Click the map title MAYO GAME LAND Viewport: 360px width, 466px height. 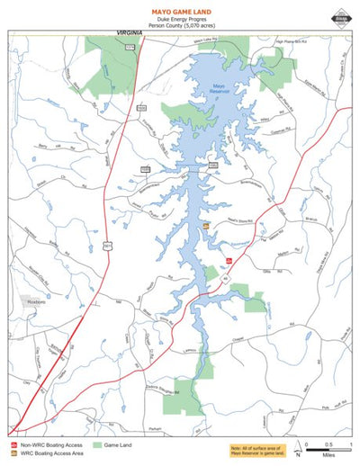pyautogui.click(x=179, y=8)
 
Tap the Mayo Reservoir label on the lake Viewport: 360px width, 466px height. pyautogui.click(x=220, y=89)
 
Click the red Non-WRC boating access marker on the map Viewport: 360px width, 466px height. pyautogui.click(x=229, y=261)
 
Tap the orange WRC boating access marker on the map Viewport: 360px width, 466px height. pyautogui.click(x=206, y=226)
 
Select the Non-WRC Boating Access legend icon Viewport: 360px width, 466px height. pyautogui.click(x=13, y=444)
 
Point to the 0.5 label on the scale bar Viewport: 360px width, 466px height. pyautogui.click(x=328, y=444)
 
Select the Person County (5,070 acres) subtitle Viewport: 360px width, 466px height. pyautogui.click(x=179, y=26)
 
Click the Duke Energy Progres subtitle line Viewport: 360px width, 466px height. pyautogui.click(x=179, y=18)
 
